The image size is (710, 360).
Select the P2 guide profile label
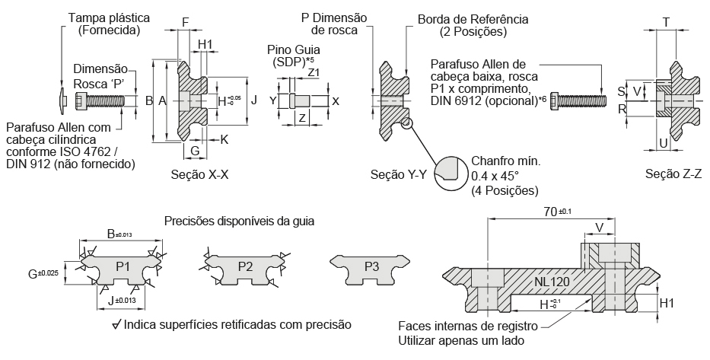[x=245, y=266]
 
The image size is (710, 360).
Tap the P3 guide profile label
[x=371, y=266]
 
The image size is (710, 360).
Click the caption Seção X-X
[x=201, y=174]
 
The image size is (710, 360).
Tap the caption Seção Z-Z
[x=673, y=174]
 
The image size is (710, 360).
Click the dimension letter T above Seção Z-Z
[x=667, y=22]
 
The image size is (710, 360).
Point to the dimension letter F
[x=186, y=22]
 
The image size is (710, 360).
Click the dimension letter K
[x=225, y=139]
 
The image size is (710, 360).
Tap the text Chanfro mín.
[x=505, y=161]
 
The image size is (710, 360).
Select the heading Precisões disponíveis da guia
[x=239, y=221]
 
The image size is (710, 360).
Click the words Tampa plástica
[x=109, y=17]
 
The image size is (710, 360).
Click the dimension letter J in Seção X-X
[x=255, y=100]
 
